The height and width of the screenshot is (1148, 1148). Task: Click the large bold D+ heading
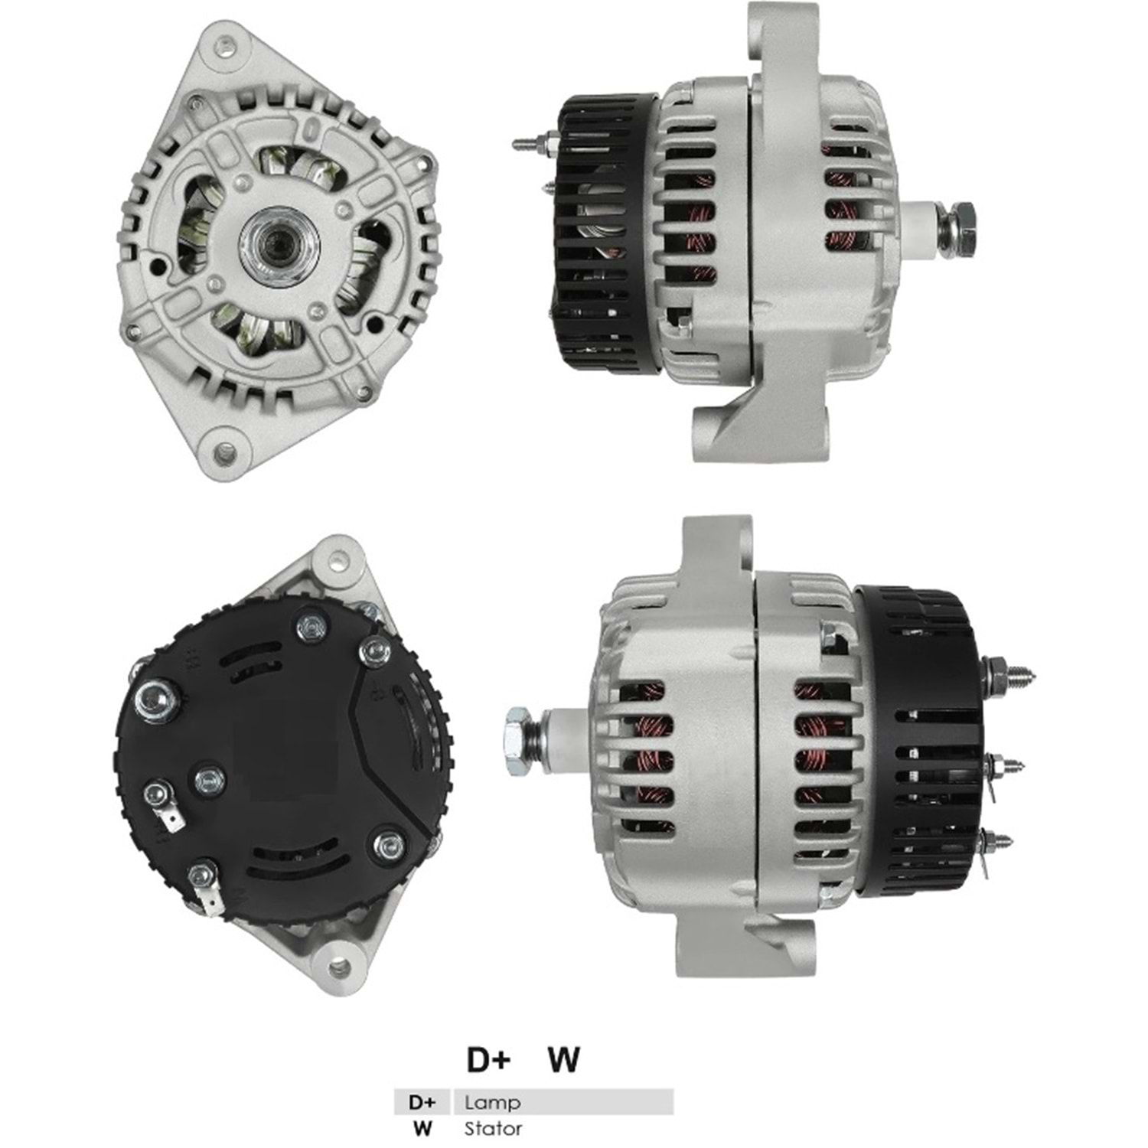pos(488,1059)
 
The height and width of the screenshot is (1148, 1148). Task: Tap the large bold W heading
pos(563,1059)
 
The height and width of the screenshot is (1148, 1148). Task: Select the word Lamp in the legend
pos(492,1102)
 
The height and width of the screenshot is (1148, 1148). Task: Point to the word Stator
pos(494,1128)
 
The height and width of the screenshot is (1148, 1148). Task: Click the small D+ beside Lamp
pos(422,1102)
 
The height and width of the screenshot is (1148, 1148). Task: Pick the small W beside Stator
pos(422,1128)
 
